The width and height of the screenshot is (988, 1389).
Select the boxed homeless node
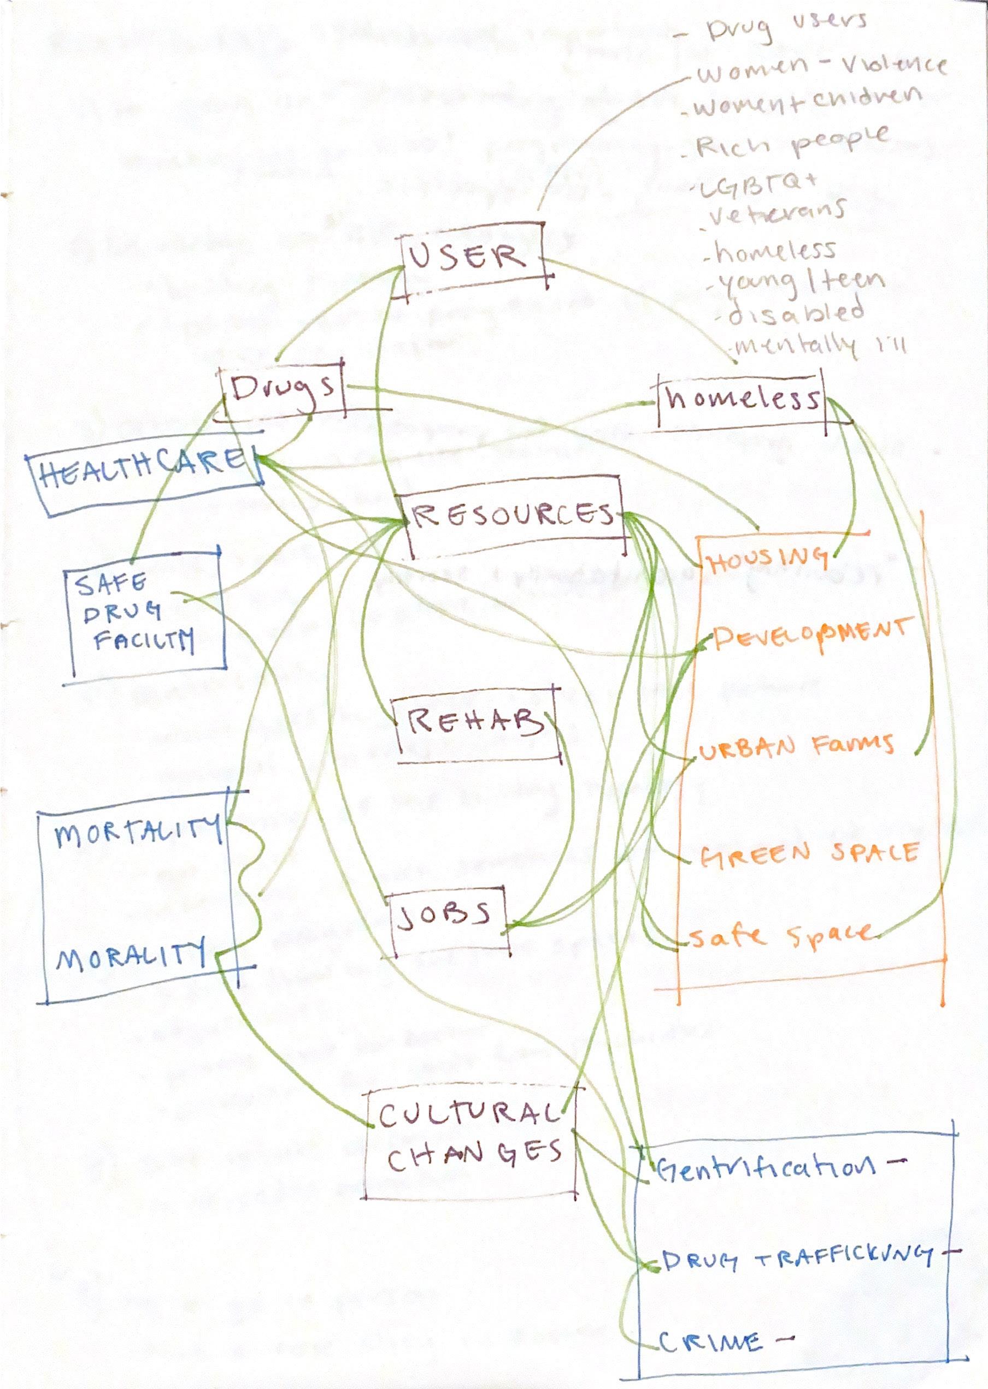[x=742, y=399]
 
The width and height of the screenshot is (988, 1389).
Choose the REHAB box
[x=475, y=723]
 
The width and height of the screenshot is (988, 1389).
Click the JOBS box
[x=444, y=917]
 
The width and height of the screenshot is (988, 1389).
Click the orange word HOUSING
[x=768, y=560]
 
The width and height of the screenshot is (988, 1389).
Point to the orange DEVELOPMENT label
[x=812, y=634]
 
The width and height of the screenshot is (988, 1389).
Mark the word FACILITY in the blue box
[x=144, y=640]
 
